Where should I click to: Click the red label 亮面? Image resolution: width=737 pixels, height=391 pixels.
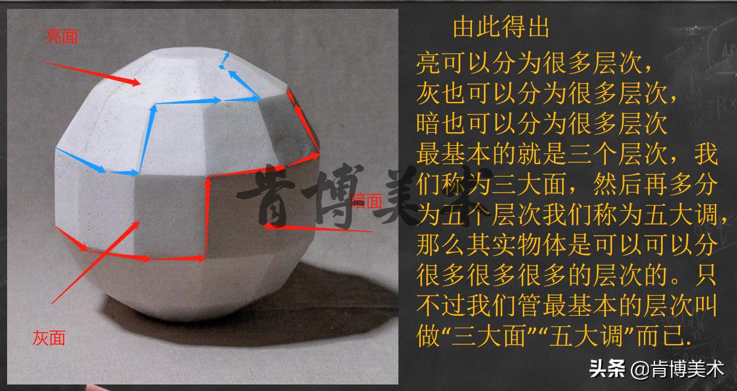[x=62, y=37]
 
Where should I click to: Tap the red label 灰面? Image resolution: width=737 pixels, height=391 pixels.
[x=49, y=338]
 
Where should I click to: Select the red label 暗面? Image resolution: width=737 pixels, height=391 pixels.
[x=367, y=201]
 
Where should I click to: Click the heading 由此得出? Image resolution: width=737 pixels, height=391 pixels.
[x=501, y=27]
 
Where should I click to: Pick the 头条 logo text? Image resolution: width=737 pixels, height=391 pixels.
[x=607, y=370]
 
